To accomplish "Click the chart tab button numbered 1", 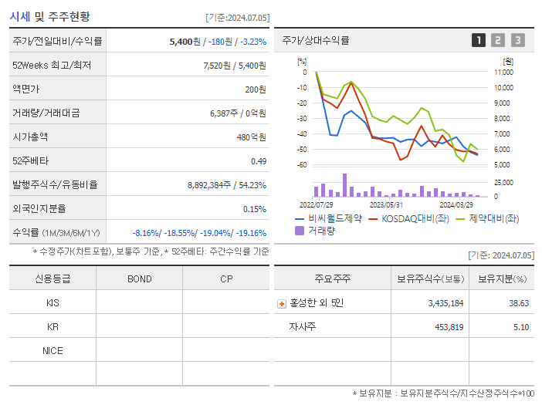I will coord(479,40).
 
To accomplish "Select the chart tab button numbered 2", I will coord(498,40).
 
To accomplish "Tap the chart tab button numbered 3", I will coord(517,40).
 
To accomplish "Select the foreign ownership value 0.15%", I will coord(254,208).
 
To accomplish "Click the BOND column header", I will coord(139,278).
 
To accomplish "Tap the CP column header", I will coord(226,278).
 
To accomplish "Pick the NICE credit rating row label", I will coord(53,350).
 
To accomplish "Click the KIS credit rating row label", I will coord(53,303).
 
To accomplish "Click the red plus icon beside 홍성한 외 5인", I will coord(282,304).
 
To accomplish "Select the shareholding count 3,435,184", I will coord(445,303).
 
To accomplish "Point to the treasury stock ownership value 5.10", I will coord(520,327).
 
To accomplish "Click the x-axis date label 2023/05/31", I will coord(386,205).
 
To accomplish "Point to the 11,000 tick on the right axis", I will coord(503,73).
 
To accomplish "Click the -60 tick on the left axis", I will coord(302,165).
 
